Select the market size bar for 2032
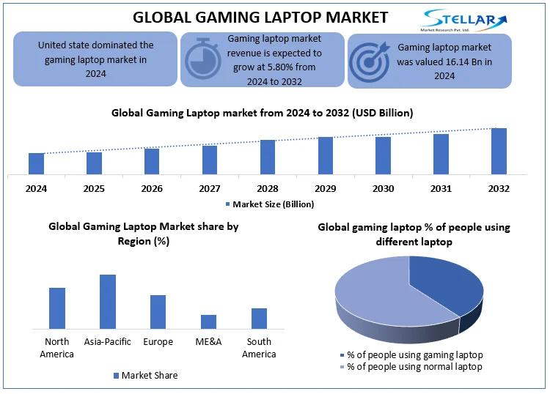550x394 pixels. (499, 151)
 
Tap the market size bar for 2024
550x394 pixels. (36, 163)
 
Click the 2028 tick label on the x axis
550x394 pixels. (267, 188)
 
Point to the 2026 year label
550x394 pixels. (152, 188)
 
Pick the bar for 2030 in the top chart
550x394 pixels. (383, 155)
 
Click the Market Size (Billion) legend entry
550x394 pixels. (270, 204)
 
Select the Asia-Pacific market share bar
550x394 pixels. (108, 301)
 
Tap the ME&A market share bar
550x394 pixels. (208, 321)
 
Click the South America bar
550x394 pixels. (259, 318)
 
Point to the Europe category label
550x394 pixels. (158, 342)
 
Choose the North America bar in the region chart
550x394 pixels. (57, 308)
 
